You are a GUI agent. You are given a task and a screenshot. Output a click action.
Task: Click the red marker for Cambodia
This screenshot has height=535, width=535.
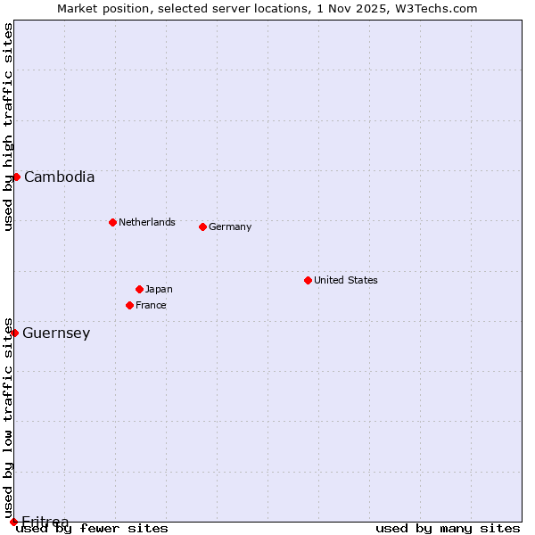(16, 177)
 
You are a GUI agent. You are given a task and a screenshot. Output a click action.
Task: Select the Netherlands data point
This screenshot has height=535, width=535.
(112, 222)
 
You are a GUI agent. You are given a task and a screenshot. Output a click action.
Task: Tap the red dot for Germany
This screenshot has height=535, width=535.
(202, 226)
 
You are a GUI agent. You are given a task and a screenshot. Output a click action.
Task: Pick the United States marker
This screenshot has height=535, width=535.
(308, 280)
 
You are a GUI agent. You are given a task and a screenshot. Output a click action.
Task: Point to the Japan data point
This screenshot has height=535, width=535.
(139, 289)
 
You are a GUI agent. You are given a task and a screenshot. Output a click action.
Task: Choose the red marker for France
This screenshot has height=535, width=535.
(129, 305)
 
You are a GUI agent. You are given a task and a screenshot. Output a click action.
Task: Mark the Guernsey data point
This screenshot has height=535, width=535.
(14, 333)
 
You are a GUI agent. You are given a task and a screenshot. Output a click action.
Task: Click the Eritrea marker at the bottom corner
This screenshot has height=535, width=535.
(13, 522)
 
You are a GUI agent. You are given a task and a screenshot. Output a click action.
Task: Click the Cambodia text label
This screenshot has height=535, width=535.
(59, 177)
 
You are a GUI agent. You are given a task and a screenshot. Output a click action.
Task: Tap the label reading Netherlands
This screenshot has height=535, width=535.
(147, 222)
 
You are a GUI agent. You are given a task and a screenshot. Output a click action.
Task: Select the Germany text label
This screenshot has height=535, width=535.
(230, 226)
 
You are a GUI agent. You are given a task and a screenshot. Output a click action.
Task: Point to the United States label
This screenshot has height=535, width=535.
(346, 280)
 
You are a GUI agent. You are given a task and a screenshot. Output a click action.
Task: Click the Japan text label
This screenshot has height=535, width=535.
(159, 289)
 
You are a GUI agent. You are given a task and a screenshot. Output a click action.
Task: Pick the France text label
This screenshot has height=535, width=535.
(151, 305)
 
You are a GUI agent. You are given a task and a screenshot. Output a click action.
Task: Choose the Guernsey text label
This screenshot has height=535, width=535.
(56, 333)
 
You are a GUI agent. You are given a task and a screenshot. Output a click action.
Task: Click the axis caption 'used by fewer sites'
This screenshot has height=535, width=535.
(92, 528)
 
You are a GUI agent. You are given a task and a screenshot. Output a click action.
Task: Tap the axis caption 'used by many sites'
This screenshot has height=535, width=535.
(448, 528)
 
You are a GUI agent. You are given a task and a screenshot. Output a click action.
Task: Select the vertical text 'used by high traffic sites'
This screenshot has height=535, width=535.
(8, 127)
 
